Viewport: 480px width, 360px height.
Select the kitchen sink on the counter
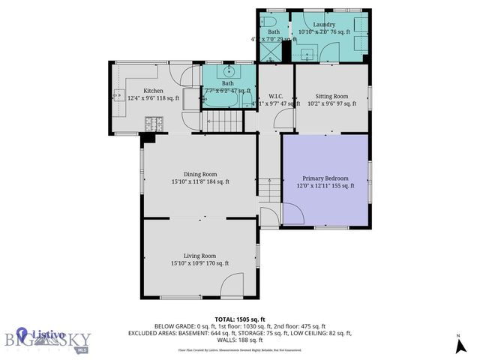pyautogui.click(x=119, y=95)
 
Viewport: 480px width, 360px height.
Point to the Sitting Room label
pyautogui.click(x=331, y=96)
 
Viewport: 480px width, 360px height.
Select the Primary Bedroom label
pyautogui.click(x=325, y=178)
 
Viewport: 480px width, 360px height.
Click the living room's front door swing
pyautogui.click(x=234, y=286)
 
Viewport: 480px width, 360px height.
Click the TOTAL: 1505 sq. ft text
pyautogui.click(x=239, y=319)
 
